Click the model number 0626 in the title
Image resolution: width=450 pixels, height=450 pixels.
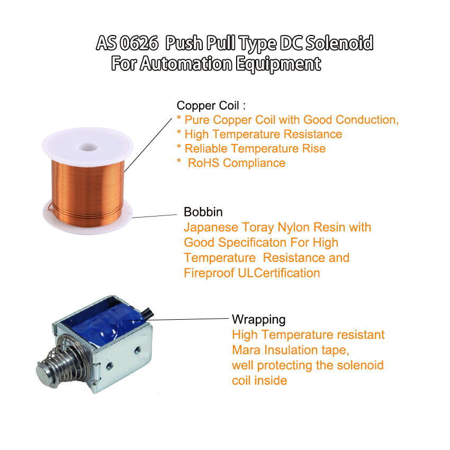click(x=139, y=43)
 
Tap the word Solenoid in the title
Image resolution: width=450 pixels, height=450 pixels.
click(x=339, y=43)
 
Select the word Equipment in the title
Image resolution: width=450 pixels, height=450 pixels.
click(x=278, y=64)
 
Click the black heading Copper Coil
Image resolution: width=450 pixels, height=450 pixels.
click(x=208, y=105)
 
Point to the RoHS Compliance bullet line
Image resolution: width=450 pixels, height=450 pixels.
click(x=231, y=163)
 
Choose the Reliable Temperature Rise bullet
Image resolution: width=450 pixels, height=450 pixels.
click(x=251, y=149)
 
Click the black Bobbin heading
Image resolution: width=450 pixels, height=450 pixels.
click(x=203, y=212)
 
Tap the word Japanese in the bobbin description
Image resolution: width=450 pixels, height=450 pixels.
click(x=211, y=228)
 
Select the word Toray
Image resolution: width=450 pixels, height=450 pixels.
click(x=258, y=228)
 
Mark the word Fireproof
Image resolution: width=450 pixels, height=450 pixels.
click(x=209, y=273)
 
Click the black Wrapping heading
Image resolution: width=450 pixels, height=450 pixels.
click(x=258, y=320)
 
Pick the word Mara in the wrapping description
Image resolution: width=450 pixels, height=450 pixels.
click(x=246, y=350)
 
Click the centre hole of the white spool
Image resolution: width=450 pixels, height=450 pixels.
click(x=87, y=147)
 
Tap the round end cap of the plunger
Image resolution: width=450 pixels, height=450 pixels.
click(x=45, y=374)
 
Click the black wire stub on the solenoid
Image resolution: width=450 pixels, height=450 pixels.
click(x=147, y=313)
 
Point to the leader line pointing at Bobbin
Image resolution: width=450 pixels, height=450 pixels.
click(x=155, y=216)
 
